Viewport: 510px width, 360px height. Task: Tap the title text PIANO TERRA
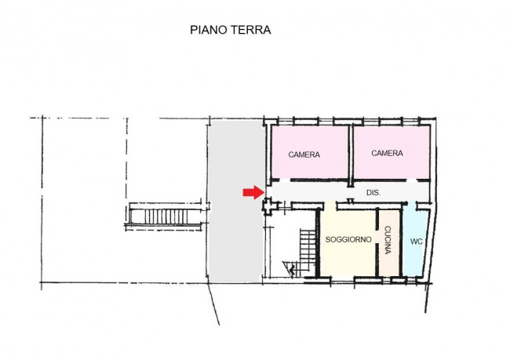[230, 31]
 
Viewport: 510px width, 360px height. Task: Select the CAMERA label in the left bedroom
[304, 155]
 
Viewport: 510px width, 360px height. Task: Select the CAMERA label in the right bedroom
[387, 154]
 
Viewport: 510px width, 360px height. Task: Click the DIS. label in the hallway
[373, 192]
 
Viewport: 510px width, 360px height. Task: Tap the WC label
[416, 241]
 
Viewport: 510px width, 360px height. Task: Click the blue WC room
[414, 255]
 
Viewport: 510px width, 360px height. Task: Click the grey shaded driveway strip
[232, 235]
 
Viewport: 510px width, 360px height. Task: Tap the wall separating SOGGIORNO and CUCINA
[379, 243]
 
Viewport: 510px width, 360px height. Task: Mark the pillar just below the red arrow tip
[266, 205]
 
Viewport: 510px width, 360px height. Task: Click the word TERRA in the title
[251, 31]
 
